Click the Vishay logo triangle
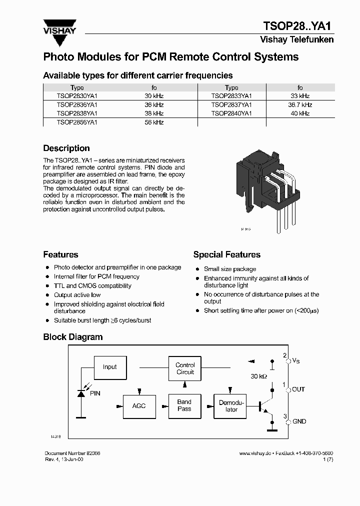(x=59, y=25)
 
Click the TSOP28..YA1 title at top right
(x=298, y=26)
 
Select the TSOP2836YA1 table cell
(x=77, y=105)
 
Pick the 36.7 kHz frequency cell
(x=300, y=105)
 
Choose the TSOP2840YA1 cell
(x=231, y=113)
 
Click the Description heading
(x=66, y=148)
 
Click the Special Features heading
(x=226, y=255)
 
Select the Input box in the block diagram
(x=109, y=367)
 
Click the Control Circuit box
(x=185, y=368)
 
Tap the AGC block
(x=139, y=405)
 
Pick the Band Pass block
(x=184, y=405)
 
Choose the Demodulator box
(x=231, y=405)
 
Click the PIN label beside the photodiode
(x=95, y=393)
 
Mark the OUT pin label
(x=298, y=389)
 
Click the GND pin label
(x=299, y=421)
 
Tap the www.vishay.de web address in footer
(x=254, y=453)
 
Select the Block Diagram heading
(x=73, y=337)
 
